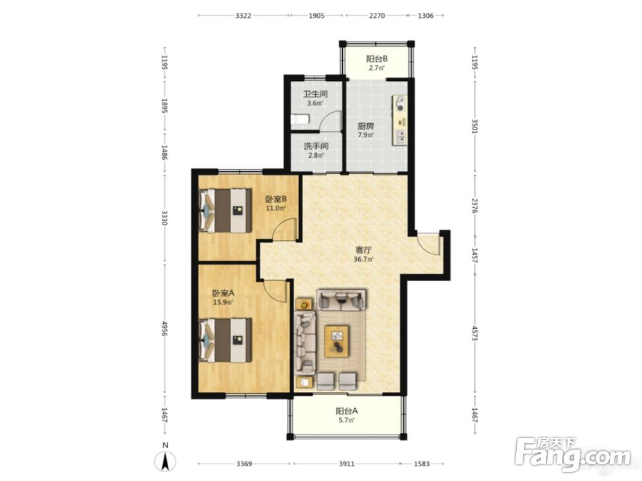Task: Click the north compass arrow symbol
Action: [165, 461]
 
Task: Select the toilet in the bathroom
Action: [299, 119]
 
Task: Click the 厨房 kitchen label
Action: [366, 126]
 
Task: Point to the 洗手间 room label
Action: [316, 146]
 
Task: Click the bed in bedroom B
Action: [225, 210]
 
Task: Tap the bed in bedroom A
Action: [225, 341]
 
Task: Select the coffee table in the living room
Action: [337, 341]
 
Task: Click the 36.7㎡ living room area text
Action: [363, 259]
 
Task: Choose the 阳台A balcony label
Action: [347, 410]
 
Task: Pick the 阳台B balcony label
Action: [377, 58]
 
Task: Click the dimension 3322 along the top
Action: [243, 15]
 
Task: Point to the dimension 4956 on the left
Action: [164, 328]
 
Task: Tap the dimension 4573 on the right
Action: [474, 333]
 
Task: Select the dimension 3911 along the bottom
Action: [347, 464]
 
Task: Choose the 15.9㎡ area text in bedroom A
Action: [223, 303]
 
